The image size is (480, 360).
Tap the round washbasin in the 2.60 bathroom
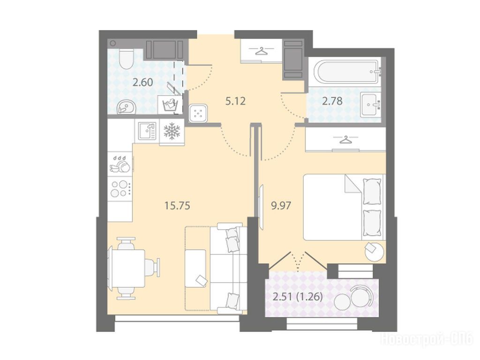(x=127, y=107)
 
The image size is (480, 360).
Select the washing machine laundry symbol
(x=168, y=105)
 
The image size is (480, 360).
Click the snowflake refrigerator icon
(x=172, y=131)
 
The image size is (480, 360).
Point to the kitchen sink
(x=147, y=131)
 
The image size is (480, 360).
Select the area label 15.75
(x=177, y=206)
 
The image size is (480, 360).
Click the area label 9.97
(x=281, y=205)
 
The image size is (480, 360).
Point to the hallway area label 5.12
(x=235, y=101)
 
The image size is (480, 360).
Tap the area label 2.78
(x=332, y=101)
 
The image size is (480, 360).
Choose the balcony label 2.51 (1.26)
(x=297, y=297)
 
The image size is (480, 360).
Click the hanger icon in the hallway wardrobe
(x=261, y=51)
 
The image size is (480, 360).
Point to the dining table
(x=127, y=268)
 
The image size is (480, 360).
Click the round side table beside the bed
(x=374, y=251)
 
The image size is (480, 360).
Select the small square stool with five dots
(x=198, y=113)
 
